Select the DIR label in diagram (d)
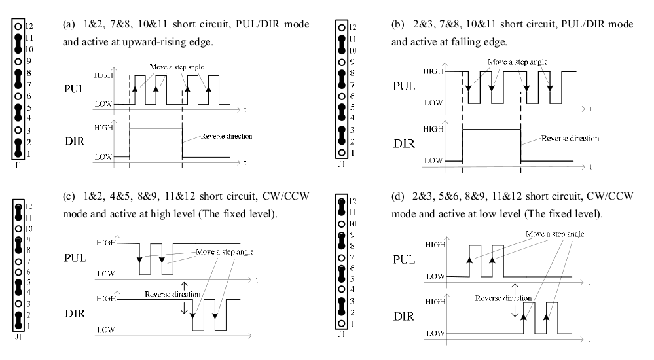[x=403, y=317]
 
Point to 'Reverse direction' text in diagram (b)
[x=570, y=139]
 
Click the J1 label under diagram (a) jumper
[x=18, y=166]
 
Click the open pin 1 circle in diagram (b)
[x=342, y=152]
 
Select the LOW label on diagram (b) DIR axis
[x=432, y=160]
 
